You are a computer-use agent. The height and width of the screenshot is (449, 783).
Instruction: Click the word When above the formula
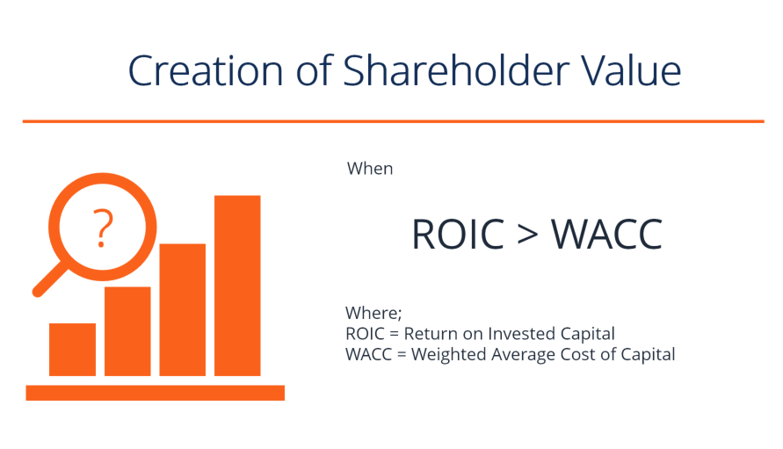pyautogui.click(x=370, y=169)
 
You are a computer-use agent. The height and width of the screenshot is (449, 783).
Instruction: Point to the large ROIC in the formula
pyautogui.click(x=458, y=235)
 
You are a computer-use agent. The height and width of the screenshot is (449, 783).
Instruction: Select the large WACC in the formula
pyautogui.click(x=606, y=235)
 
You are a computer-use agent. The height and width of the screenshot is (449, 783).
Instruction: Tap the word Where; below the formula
pyautogui.click(x=373, y=313)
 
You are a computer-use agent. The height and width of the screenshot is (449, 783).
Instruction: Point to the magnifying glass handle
pyautogui.click(x=49, y=280)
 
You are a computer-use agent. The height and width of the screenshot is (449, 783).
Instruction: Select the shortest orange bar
pyautogui.click(x=72, y=350)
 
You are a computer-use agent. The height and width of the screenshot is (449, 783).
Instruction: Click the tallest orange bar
pyautogui.click(x=237, y=286)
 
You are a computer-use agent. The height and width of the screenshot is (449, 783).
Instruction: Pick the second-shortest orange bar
pyautogui.click(x=127, y=331)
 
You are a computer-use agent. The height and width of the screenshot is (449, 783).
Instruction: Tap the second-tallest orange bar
pyautogui.click(x=182, y=309)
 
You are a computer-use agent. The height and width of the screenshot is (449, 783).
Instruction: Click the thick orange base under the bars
pyautogui.click(x=155, y=393)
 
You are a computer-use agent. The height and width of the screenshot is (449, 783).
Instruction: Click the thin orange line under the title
pyautogui.click(x=393, y=121)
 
